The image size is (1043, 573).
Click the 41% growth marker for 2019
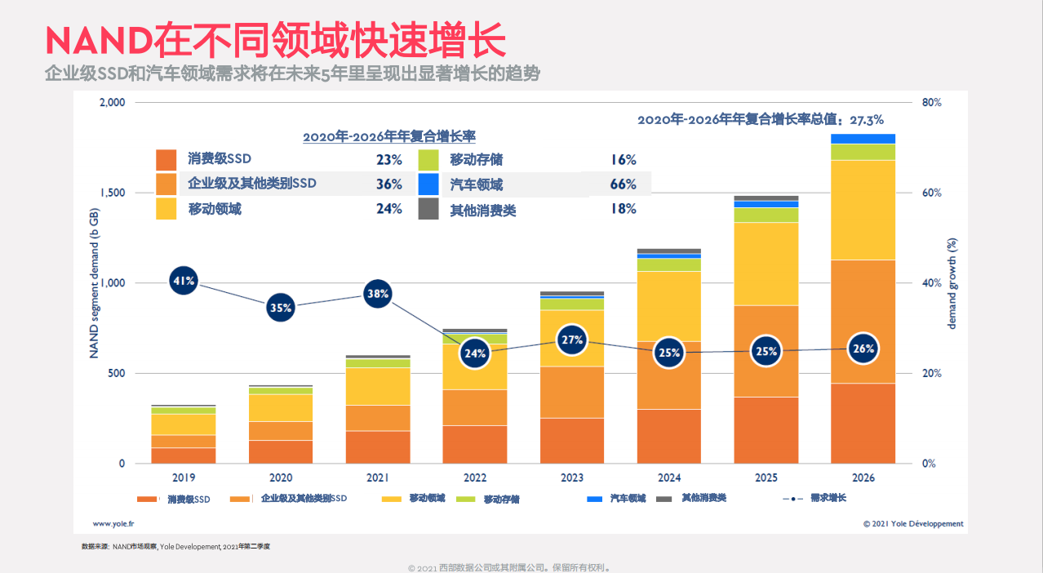point(184,282)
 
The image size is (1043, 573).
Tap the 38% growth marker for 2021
point(378,293)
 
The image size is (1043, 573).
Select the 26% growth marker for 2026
point(863,349)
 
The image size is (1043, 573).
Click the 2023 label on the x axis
point(572,477)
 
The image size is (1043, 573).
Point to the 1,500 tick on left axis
point(112,193)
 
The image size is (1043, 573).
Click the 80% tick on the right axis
point(932,103)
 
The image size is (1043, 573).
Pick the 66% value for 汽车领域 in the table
point(623,184)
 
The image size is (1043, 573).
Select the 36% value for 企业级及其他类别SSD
point(388,184)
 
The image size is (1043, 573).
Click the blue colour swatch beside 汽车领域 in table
point(429,184)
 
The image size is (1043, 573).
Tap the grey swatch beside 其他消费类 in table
point(429,209)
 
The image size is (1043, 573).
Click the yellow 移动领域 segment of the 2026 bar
point(863,210)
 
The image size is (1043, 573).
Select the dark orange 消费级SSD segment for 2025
point(766,430)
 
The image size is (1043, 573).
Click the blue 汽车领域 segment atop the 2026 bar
point(863,139)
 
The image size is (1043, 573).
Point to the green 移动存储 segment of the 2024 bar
point(669,264)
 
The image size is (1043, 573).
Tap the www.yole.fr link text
point(113,524)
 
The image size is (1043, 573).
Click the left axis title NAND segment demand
point(94,282)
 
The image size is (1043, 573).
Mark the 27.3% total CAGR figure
point(867,120)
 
